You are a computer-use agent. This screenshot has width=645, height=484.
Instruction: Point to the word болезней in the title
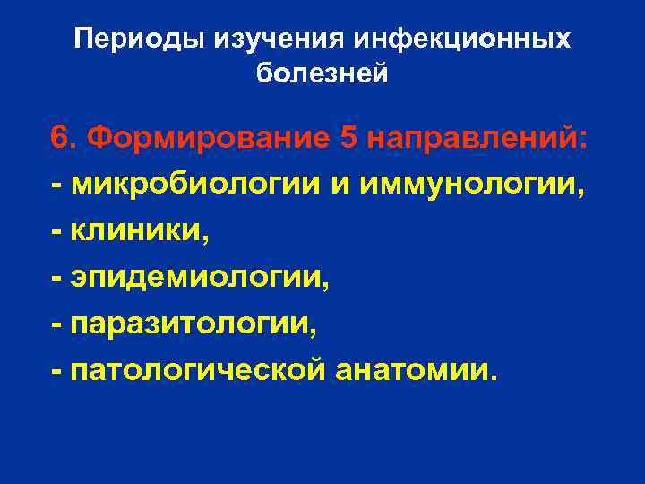pos(322,73)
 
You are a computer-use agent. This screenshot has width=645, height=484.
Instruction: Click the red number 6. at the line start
pos(64,139)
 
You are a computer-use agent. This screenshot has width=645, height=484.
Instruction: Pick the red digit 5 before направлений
pos(349,139)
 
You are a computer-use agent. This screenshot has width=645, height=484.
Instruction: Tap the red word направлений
pos(476,139)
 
